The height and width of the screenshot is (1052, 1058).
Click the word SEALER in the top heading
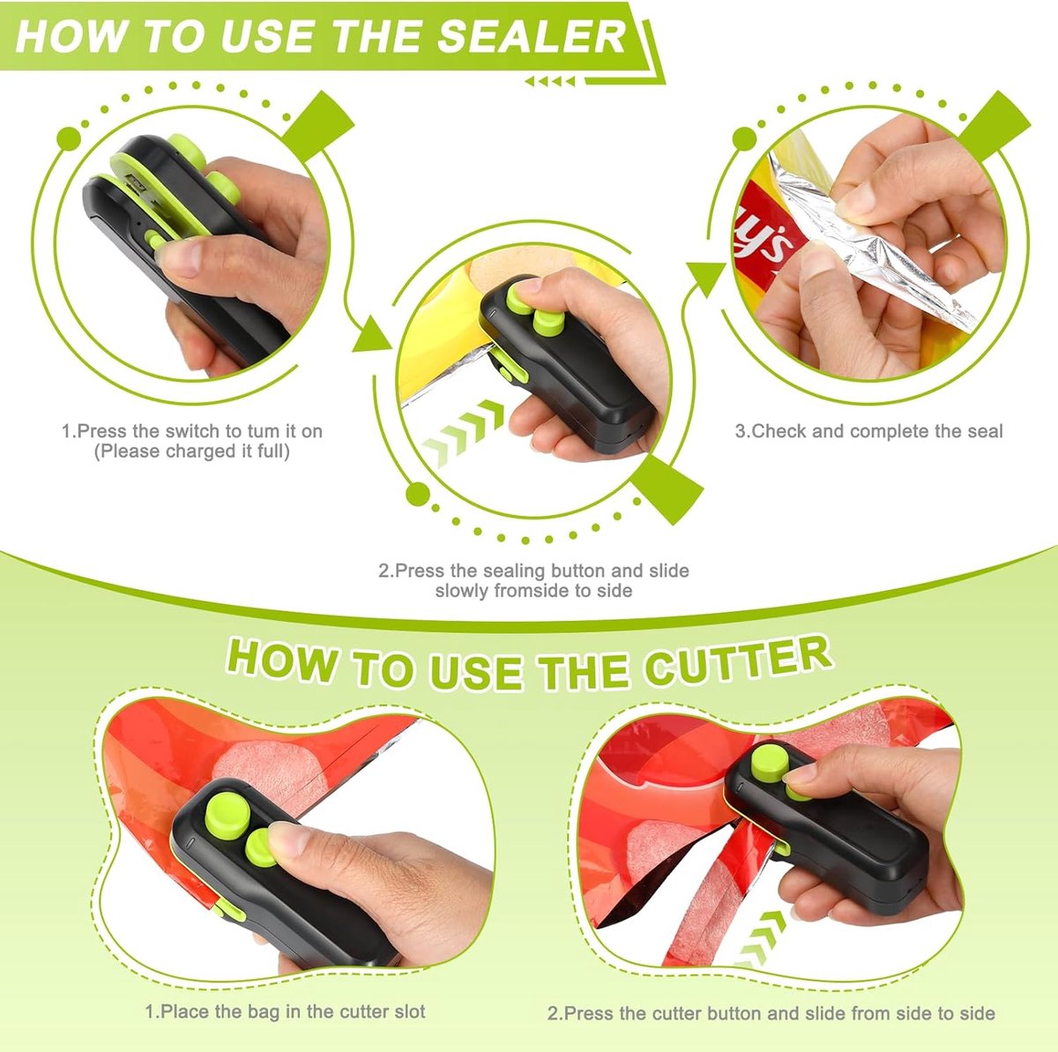532,37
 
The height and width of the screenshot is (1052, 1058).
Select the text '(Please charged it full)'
191,451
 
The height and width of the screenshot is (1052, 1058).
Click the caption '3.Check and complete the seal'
868,431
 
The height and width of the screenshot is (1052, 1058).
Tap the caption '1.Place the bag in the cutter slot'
285,1012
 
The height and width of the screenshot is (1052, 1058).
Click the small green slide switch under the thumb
154,240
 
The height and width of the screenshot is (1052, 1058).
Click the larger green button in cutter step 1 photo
227,814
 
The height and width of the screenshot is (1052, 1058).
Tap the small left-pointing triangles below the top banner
549,82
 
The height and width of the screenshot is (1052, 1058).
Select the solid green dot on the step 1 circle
69,138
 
